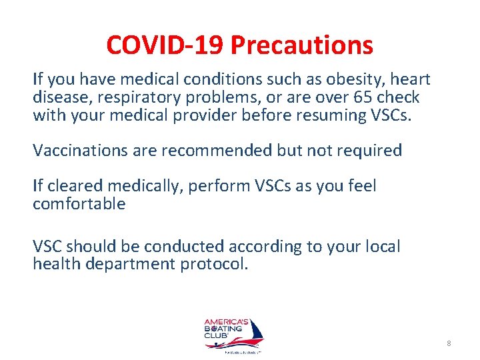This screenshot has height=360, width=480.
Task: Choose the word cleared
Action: [72, 186]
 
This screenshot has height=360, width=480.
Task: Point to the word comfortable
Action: [79, 203]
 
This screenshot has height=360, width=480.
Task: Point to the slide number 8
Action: [449, 343]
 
